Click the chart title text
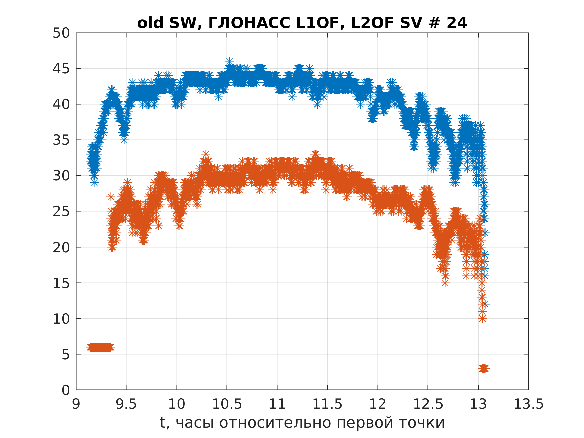pos(302,23)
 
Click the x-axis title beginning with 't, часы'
pos(302,423)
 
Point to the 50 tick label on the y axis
pos(61,33)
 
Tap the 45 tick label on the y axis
pos(61,69)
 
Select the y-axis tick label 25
pos(61,211)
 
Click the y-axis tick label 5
pos(66,354)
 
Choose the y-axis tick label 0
pos(66,390)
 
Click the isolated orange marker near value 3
pos(484,369)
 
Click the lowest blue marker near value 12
pos(485,304)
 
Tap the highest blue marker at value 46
pos(229,61)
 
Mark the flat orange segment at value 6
pos(100,347)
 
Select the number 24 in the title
pos(456,23)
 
